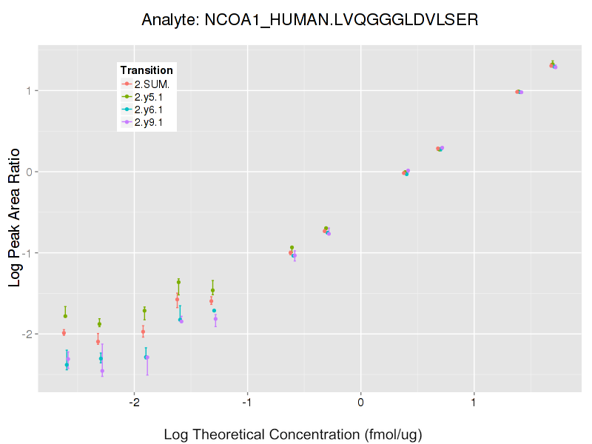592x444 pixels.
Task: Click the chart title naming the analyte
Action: (310, 20)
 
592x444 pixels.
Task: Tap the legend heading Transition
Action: (147, 70)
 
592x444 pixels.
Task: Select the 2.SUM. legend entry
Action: (152, 84)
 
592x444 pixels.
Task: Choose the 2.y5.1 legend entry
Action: (152, 97)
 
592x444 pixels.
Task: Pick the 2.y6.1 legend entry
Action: (152, 110)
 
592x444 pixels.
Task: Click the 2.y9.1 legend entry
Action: (152, 122)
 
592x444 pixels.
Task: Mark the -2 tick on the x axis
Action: (134, 403)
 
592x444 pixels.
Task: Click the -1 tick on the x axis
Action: (247, 403)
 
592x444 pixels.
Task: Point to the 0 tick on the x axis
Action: (360, 403)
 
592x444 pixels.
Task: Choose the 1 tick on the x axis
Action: (474, 403)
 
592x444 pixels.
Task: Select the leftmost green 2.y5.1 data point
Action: (65, 316)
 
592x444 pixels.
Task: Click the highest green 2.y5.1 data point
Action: (553, 64)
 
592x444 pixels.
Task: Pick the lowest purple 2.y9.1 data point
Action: (102, 371)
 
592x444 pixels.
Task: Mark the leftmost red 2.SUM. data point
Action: (64, 332)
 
